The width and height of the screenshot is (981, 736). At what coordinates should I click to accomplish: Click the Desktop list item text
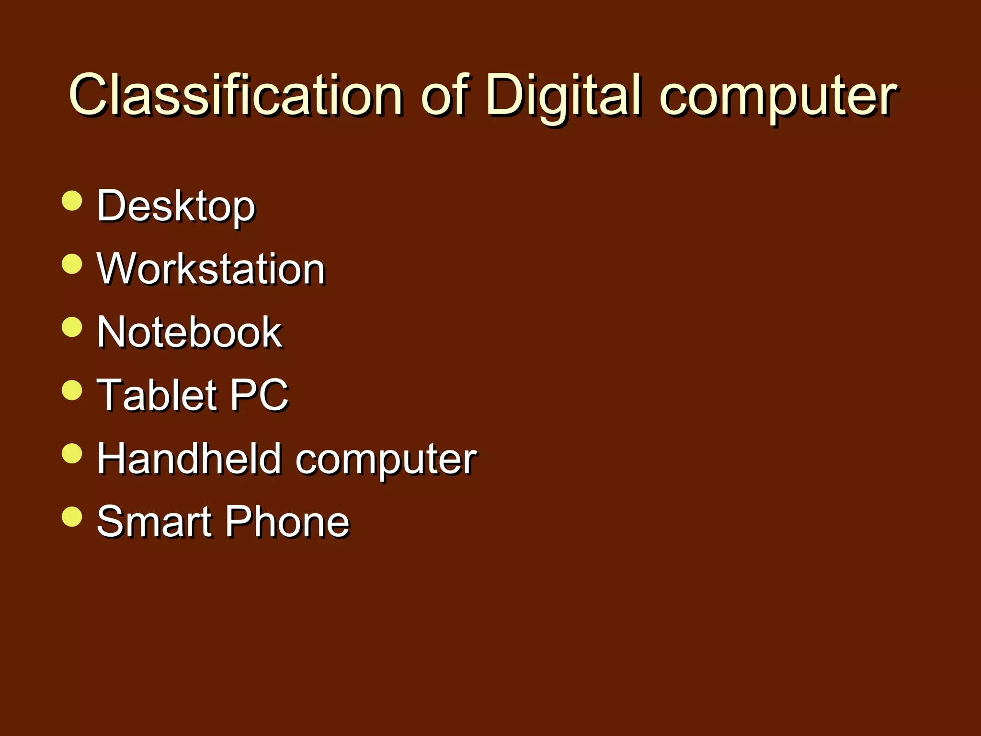(x=176, y=206)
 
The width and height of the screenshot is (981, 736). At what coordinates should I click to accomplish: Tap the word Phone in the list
(x=287, y=521)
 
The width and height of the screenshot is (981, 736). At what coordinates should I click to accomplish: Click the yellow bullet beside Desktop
(x=72, y=200)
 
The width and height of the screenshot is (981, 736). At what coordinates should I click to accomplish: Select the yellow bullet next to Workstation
(x=72, y=264)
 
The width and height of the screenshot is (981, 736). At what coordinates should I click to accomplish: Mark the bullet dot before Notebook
(x=72, y=327)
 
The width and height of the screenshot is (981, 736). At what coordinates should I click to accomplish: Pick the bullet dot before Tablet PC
(x=72, y=390)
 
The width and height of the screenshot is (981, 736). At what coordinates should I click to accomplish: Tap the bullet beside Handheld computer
(x=72, y=453)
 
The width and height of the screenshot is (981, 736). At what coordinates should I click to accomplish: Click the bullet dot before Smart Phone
(x=72, y=517)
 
